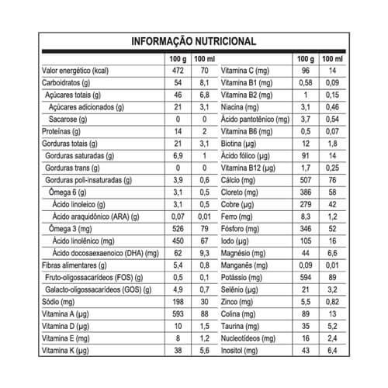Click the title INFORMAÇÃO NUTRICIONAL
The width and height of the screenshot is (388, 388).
tap(194, 41)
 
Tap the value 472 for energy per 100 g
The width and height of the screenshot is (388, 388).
tap(175, 70)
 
